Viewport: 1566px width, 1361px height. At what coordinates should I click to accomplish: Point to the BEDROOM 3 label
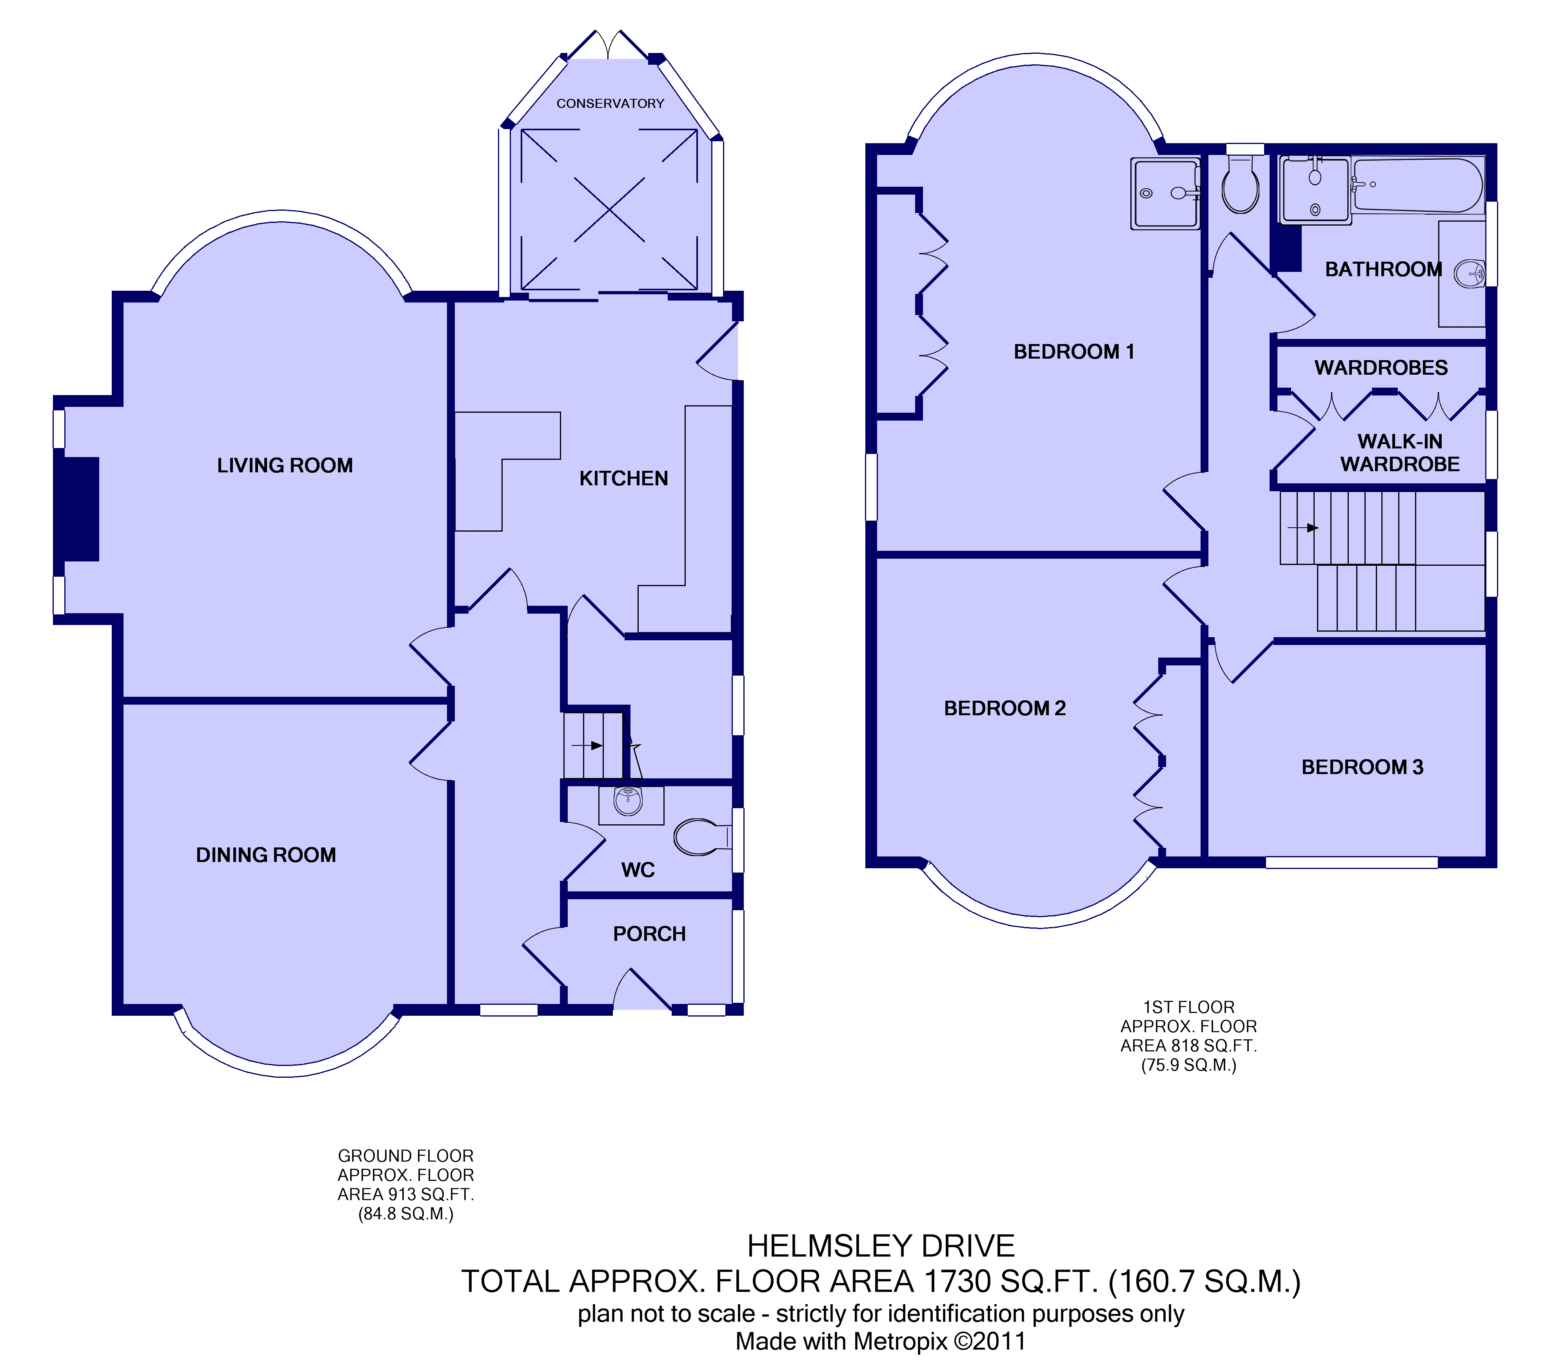point(1362,767)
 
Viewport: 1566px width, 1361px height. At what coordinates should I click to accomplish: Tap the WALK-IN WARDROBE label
point(1400,453)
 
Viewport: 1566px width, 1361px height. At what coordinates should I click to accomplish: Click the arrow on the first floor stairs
point(1302,528)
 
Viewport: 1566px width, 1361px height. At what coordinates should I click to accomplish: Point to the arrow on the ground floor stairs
point(587,746)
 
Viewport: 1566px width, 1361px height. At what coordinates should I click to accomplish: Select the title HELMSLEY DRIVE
point(881,1246)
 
